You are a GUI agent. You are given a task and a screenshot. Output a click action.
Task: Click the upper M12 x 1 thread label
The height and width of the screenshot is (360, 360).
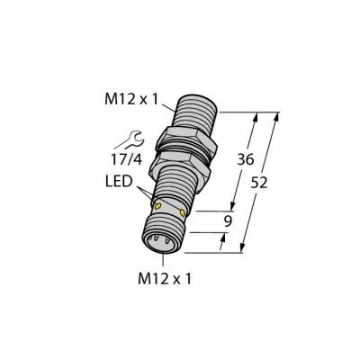pos(130,99)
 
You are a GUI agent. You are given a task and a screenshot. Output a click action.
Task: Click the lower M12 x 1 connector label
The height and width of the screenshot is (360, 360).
pos(165,279)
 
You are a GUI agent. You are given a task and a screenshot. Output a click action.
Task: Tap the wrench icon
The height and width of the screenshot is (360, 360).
pos(134,139)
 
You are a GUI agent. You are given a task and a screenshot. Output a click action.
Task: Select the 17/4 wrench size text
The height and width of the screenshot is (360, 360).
pos(126,160)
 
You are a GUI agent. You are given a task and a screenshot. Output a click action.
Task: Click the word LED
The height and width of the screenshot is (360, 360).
pos(119,182)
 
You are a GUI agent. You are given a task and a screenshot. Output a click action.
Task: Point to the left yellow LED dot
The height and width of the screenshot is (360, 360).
pos(157,206)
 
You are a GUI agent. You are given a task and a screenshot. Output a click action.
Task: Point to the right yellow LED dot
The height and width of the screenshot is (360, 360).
pos(182,212)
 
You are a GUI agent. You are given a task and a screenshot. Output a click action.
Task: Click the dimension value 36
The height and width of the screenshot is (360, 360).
pos(246,160)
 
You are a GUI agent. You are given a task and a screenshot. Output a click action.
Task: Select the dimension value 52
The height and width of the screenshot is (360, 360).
pos(258,183)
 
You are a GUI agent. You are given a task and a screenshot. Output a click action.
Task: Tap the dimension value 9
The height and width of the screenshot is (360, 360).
pos(228,221)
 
